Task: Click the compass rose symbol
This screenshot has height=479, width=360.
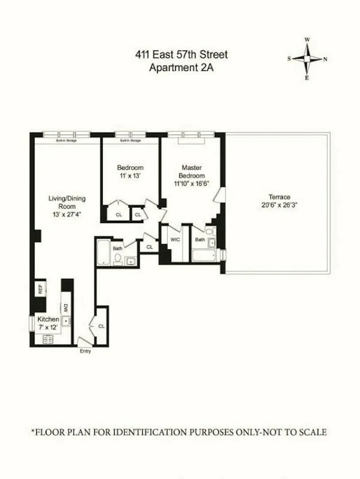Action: point(307,59)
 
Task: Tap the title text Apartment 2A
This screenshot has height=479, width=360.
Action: point(181,68)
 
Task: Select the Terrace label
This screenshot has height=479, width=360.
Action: point(279,197)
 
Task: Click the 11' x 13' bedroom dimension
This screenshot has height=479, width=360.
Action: point(130,176)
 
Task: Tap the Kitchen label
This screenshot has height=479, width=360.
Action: point(48,319)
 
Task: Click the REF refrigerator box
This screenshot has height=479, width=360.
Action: point(40,290)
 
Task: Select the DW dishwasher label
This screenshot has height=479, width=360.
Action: point(65,307)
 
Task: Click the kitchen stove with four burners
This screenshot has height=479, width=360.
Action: point(47,339)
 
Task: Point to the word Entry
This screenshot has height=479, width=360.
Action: point(85,351)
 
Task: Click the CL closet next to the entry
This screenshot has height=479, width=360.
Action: point(102,326)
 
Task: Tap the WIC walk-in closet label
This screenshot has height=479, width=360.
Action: point(175,239)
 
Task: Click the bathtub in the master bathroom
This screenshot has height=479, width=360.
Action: point(203,255)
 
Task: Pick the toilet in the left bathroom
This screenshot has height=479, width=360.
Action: point(117,259)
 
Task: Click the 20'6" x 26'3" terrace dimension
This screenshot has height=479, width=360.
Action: point(279,205)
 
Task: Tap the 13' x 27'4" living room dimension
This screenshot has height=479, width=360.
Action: point(67,215)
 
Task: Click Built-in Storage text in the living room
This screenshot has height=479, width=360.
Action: point(67,141)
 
